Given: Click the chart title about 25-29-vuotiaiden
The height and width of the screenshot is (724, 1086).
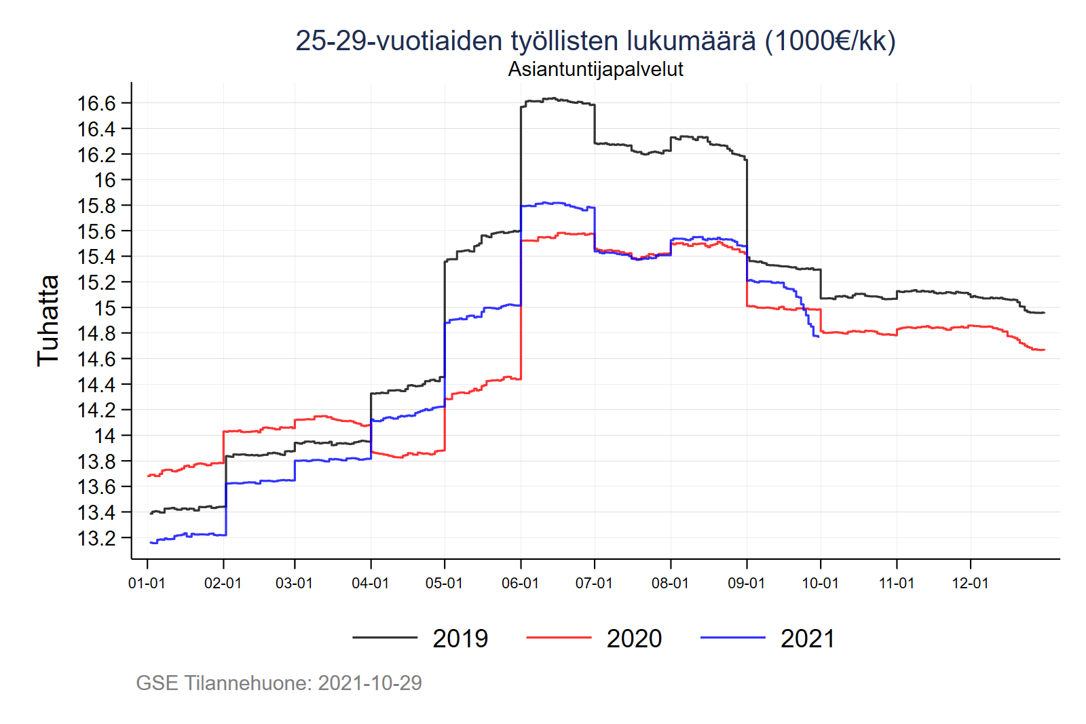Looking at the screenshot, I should (595, 41).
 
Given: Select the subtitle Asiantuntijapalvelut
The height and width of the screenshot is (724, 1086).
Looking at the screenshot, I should (595, 69).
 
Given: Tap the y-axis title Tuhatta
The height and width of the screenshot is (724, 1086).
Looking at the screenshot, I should (48, 320).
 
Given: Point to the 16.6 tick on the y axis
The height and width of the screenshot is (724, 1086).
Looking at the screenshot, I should (96, 103).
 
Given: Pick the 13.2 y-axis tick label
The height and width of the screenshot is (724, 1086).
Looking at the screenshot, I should (96, 538).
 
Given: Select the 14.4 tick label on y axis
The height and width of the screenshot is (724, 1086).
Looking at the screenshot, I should (96, 385).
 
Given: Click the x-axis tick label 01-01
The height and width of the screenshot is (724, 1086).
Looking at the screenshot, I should (147, 584).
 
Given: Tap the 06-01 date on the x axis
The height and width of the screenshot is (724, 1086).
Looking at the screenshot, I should (520, 584).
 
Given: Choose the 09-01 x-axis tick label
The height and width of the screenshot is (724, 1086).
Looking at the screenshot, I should (746, 584).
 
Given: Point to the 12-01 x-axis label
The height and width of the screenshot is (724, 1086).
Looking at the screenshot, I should (970, 584).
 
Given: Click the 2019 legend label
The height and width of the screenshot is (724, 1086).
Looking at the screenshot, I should (460, 639).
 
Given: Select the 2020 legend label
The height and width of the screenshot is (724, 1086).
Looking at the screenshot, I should (634, 639).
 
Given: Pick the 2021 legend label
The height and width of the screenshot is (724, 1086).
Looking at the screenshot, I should (808, 639).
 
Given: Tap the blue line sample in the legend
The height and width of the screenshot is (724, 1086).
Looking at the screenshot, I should (732, 638).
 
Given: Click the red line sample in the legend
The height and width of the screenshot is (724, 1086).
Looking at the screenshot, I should (559, 638).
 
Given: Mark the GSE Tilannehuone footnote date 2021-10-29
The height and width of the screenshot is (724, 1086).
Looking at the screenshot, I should (370, 683).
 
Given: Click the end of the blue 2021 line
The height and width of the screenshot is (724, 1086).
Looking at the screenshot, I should (819, 337).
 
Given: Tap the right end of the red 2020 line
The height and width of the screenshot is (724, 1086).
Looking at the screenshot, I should (1044, 350).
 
